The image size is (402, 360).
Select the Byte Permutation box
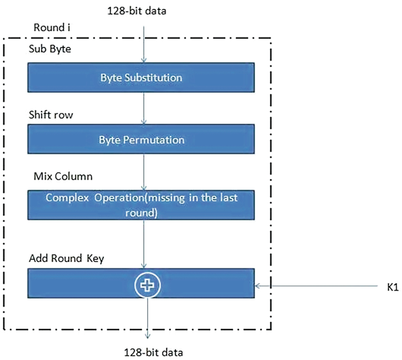pos(141,140)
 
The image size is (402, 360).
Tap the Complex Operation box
pos(141,204)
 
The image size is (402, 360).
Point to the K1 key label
pos(393,287)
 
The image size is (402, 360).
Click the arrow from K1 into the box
pos(317,287)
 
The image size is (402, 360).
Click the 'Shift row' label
pos(49,115)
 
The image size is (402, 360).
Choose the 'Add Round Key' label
pos(66,258)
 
